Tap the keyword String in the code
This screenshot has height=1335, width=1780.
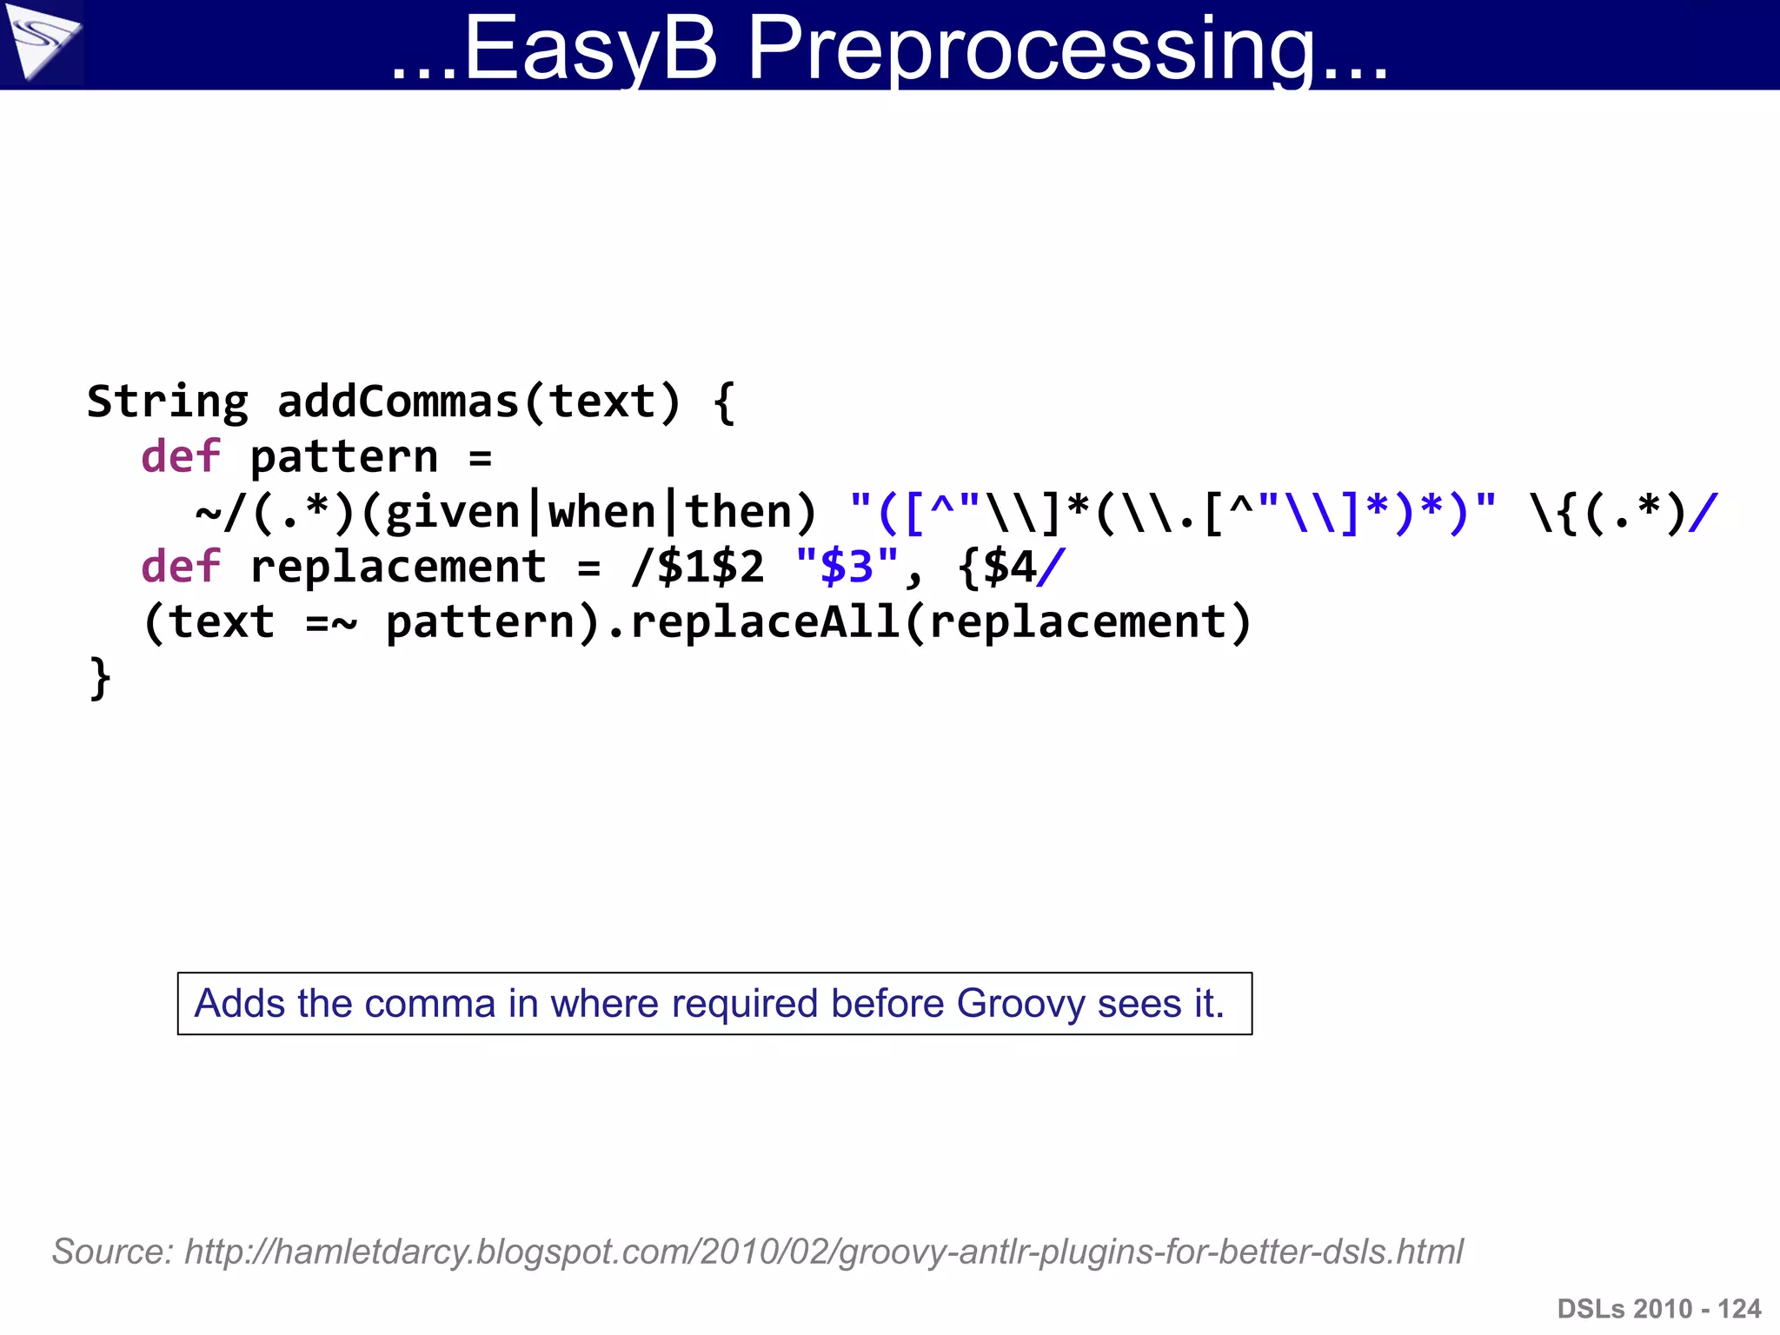167,402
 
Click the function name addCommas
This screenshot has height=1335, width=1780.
398,402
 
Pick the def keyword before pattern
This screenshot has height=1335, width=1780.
181,457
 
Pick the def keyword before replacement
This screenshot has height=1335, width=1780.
181,567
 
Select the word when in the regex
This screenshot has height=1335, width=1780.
601,512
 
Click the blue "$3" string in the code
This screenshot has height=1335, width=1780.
847,567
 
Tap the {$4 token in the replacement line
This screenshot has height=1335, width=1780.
997,568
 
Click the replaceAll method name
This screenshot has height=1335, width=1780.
765,622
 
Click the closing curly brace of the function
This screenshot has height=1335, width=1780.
100,678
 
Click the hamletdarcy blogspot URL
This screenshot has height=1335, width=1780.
824,1252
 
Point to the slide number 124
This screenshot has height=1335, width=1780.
1739,1309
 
